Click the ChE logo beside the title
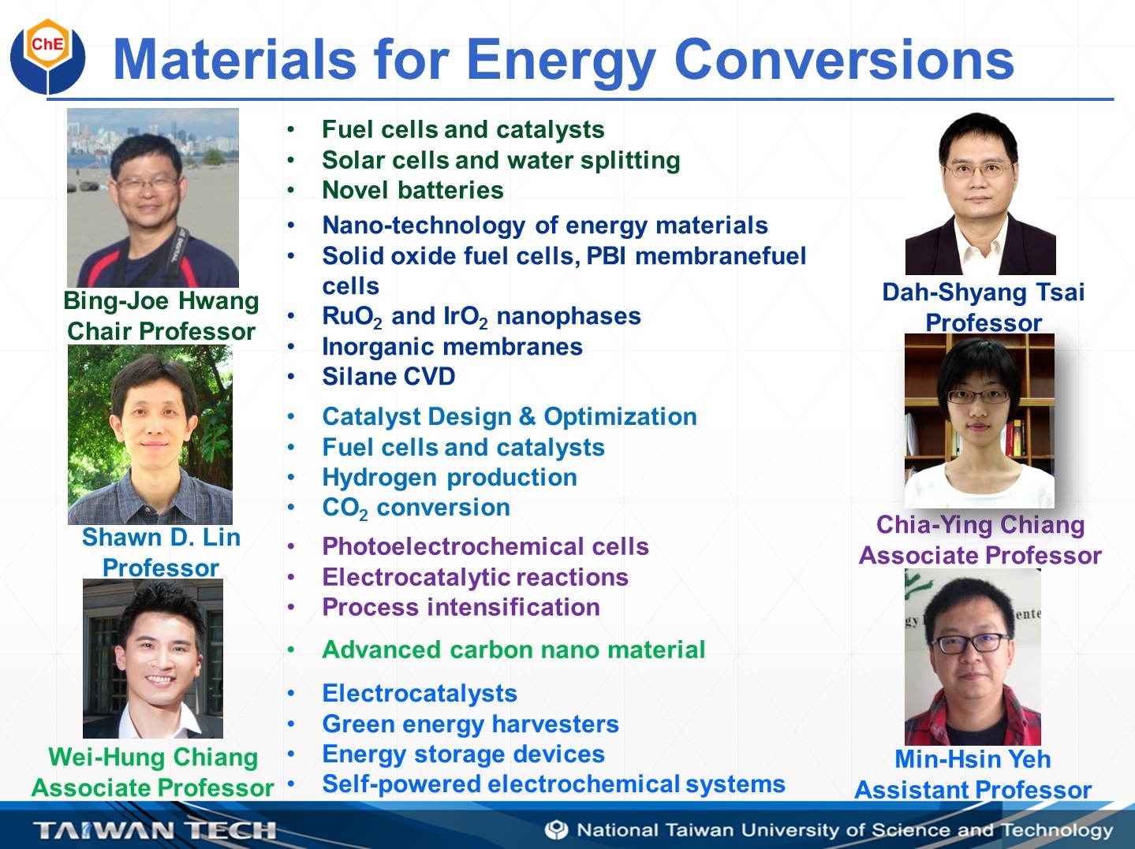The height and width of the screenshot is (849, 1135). (48, 56)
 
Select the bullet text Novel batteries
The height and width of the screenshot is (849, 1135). (413, 190)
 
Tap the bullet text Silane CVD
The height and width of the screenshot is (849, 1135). (388, 376)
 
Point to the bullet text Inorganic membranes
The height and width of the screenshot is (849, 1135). (453, 346)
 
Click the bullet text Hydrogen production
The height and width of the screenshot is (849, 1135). (450, 478)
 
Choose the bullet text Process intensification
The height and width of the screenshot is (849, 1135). (461, 607)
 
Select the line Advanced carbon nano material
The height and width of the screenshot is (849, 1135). (513, 650)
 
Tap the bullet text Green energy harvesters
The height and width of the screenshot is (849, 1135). (470, 724)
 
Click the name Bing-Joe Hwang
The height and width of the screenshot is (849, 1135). (161, 301)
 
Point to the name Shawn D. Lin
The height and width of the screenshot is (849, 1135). (161, 538)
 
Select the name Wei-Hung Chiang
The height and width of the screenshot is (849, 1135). (153, 758)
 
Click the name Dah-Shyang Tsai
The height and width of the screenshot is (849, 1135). (983, 292)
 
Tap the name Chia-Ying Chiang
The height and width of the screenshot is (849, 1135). (980, 525)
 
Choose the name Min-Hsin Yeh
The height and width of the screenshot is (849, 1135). (973, 759)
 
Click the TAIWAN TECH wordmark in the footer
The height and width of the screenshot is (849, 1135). (155, 830)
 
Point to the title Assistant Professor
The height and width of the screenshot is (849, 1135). (973, 790)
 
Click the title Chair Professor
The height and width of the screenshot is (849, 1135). (161, 332)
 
